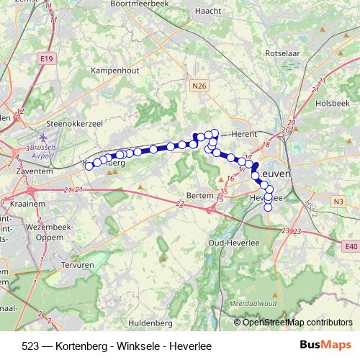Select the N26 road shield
tap(200, 86)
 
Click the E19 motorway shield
tap(47, 58)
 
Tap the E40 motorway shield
tap(351, 248)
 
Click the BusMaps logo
tap(325, 346)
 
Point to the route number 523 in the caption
tap(30, 346)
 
